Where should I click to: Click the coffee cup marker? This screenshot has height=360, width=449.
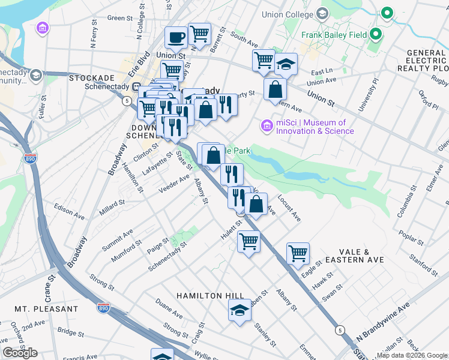point(176,38)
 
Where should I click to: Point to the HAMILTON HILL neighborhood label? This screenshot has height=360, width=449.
point(210,296)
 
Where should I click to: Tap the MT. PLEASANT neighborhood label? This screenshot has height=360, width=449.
point(46,308)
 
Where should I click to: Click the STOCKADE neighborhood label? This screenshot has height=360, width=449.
point(91,78)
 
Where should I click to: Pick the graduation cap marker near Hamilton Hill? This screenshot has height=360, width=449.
point(240,311)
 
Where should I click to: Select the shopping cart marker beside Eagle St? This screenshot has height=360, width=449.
point(298,253)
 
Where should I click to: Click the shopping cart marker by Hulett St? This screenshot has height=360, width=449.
point(249,242)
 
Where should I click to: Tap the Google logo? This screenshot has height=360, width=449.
point(20,353)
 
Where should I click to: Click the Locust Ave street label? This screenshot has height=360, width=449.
point(289,208)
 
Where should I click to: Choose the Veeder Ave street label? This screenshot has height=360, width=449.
point(174,183)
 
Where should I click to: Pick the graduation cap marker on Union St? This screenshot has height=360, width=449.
point(286,64)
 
